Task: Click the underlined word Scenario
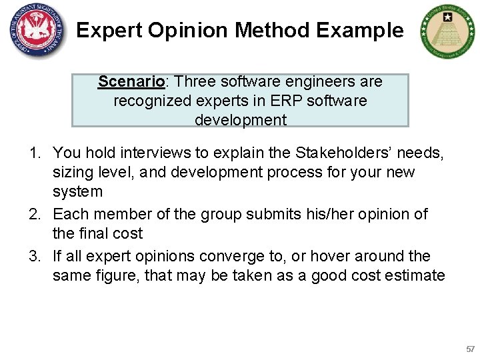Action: point(131,82)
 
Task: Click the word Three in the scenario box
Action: point(196,82)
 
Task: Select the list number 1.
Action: point(34,153)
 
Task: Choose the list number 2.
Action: point(34,215)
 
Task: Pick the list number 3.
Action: point(34,257)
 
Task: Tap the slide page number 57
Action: point(470,349)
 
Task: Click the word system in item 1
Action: point(77,192)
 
